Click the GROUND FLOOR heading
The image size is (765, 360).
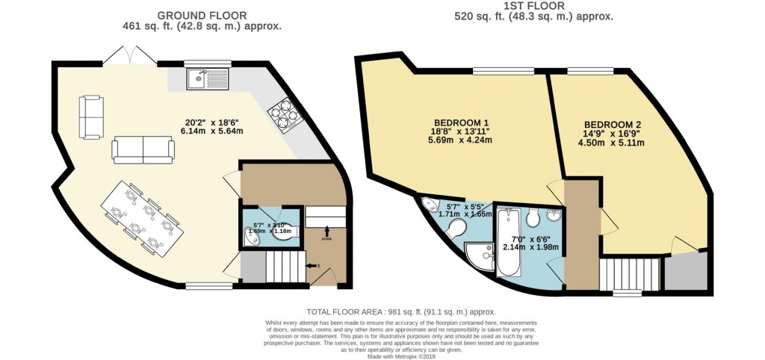201,15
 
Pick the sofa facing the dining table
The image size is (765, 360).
143,149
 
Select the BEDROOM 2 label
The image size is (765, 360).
613,125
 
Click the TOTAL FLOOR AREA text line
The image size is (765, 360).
400,311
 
